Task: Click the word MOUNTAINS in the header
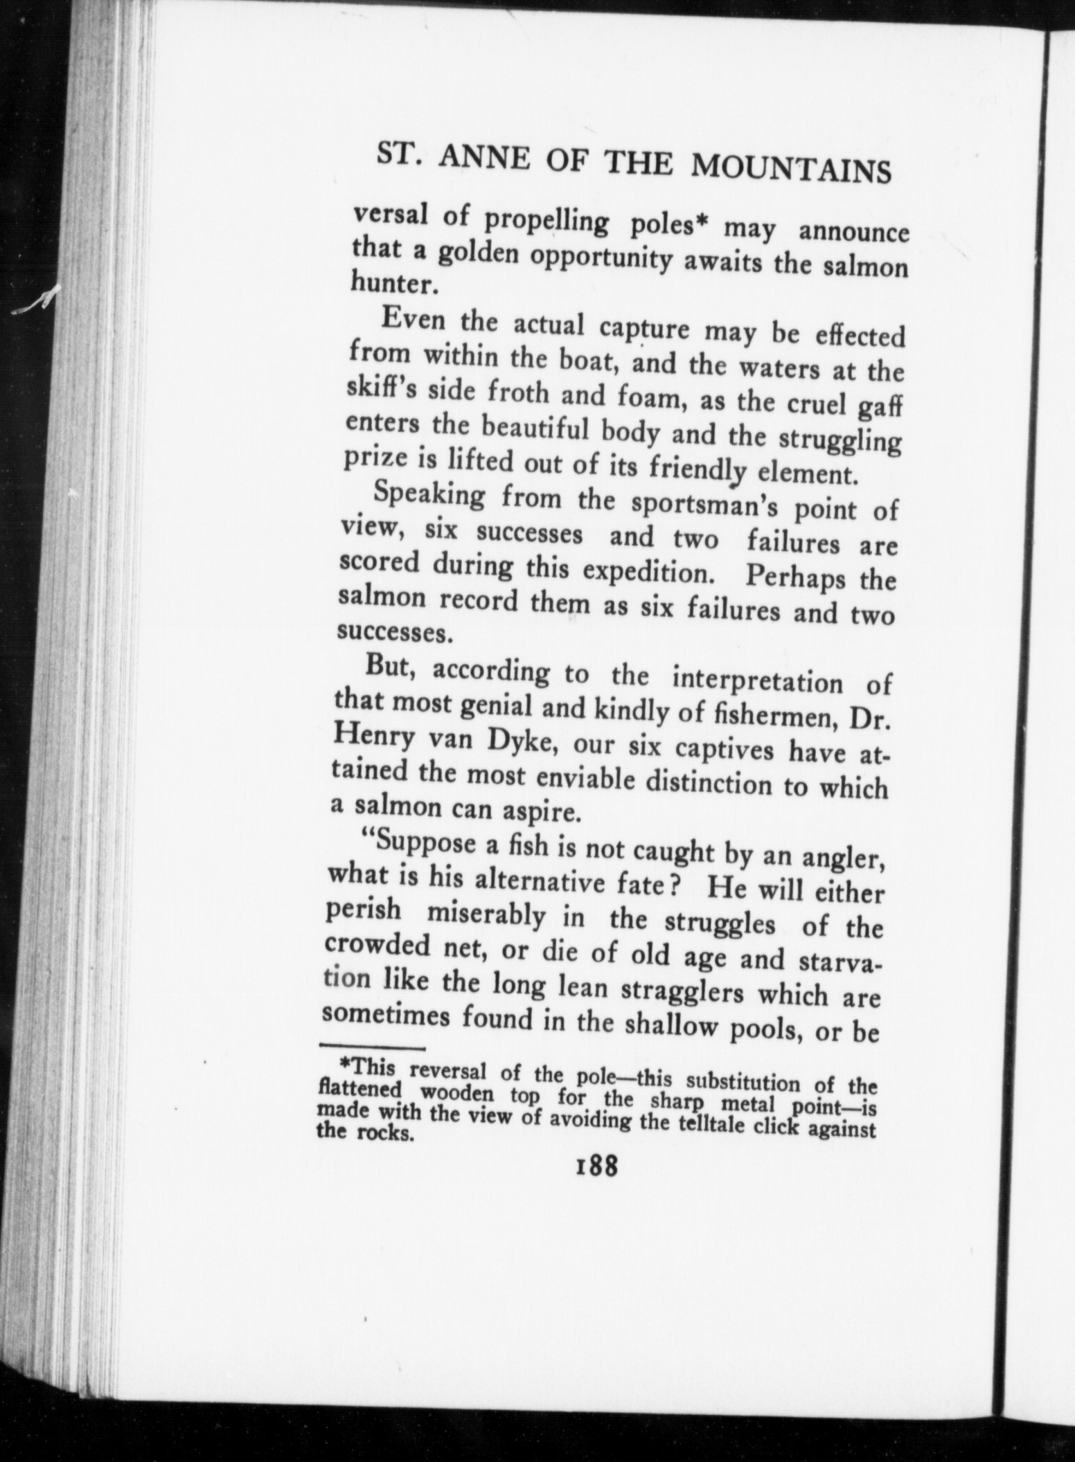pyautogui.click(x=792, y=169)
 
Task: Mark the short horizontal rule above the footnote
pyautogui.click(x=371, y=1047)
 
